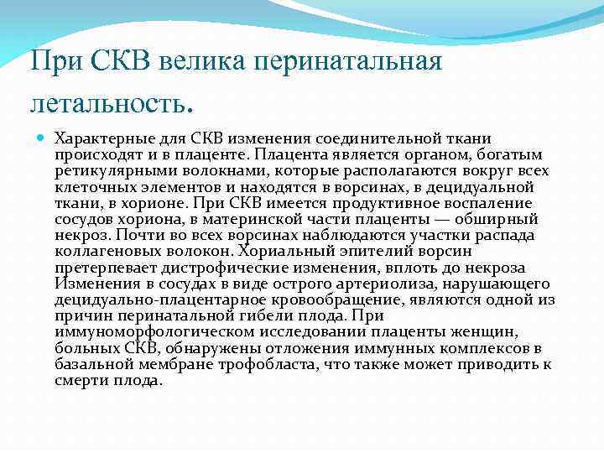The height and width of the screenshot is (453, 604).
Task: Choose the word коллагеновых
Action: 106,252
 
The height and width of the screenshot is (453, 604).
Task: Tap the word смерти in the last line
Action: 83,380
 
